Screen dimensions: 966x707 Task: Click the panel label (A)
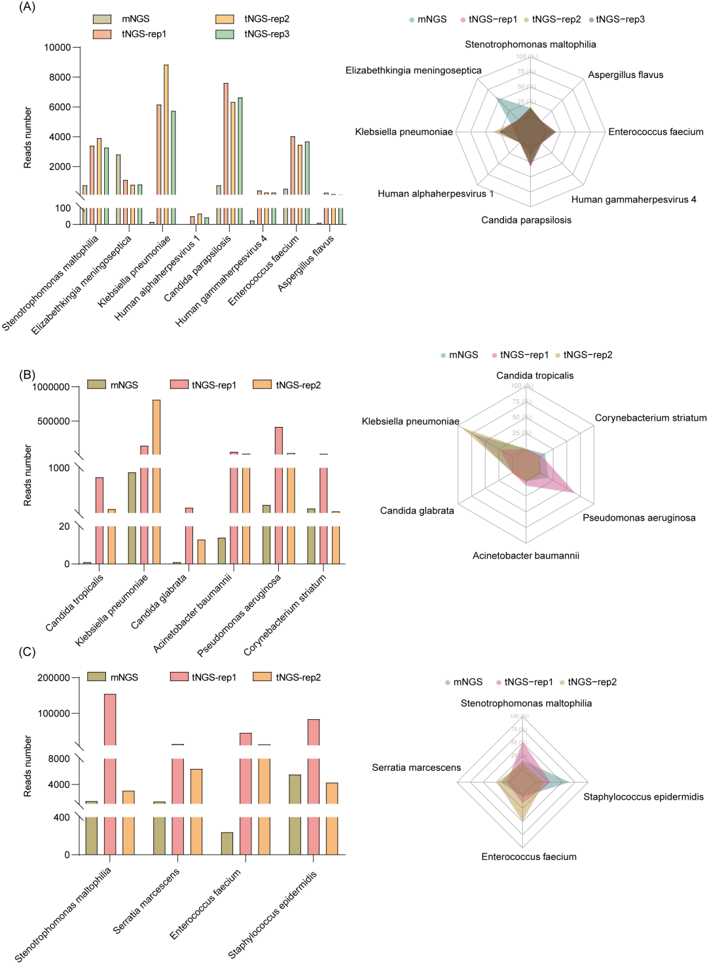click(27, 7)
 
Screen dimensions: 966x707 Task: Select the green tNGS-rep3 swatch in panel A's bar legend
click(225, 34)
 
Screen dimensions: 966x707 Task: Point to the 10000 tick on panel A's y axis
click(58, 47)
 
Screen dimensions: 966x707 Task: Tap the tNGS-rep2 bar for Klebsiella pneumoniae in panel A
click(166, 131)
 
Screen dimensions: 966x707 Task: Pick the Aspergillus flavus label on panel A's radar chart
click(625, 75)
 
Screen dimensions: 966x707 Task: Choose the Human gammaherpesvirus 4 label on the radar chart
click(633, 200)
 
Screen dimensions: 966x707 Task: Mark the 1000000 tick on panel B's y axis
click(51, 387)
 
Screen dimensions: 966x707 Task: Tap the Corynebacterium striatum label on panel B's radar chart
click(650, 418)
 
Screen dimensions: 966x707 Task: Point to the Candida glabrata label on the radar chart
click(417, 511)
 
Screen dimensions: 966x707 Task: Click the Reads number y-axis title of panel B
click(27, 475)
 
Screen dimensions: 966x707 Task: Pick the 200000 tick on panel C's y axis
click(54, 678)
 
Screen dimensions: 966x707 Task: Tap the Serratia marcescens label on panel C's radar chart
click(416, 768)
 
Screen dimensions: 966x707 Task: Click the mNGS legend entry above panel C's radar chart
click(463, 682)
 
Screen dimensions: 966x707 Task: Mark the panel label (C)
click(27, 652)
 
